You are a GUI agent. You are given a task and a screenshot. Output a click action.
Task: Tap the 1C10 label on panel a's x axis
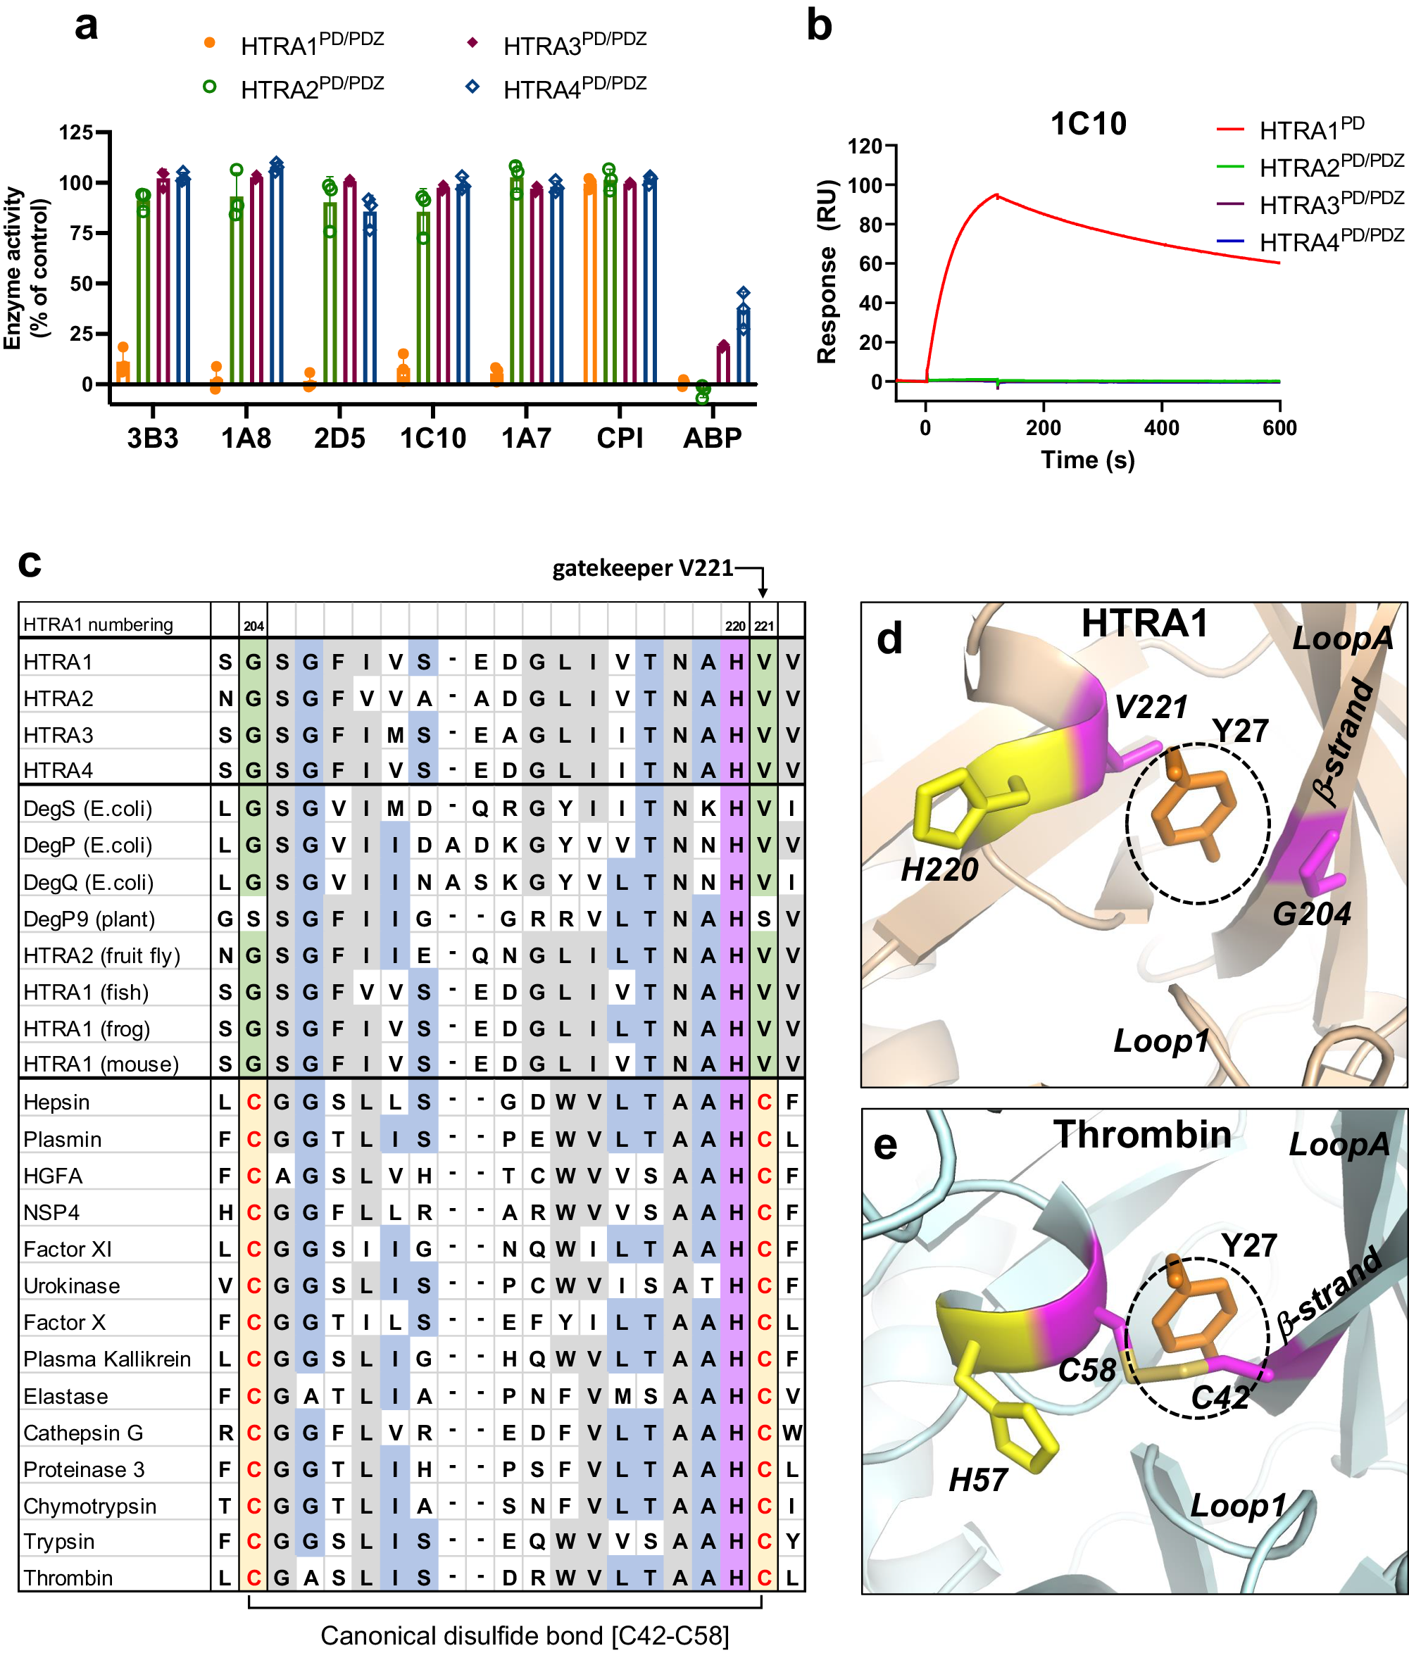click(x=432, y=438)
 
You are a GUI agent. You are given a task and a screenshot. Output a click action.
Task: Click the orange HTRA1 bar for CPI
click(x=589, y=283)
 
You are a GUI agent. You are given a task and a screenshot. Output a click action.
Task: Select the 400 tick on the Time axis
click(x=1161, y=429)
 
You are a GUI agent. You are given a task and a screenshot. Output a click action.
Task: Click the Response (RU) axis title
click(x=827, y=271)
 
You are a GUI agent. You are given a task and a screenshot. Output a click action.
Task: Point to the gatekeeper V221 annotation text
click(x=642, y=568)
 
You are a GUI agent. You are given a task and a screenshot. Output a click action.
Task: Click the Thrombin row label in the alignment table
click(x=68, y=1578)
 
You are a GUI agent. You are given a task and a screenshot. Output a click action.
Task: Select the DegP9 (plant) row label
click(x=89, y=919)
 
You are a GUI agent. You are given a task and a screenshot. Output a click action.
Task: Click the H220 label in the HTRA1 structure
click(x=939, y=869)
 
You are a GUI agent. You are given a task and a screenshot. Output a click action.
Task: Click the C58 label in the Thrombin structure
click(x=1086, y=1371)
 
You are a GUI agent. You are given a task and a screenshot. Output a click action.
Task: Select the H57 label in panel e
click(x=978, y=1481)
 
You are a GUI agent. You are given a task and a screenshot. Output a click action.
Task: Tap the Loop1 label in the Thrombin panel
click(x=1237, y=1506)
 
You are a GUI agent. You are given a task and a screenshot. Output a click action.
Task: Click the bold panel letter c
click(x=30, y=563)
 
